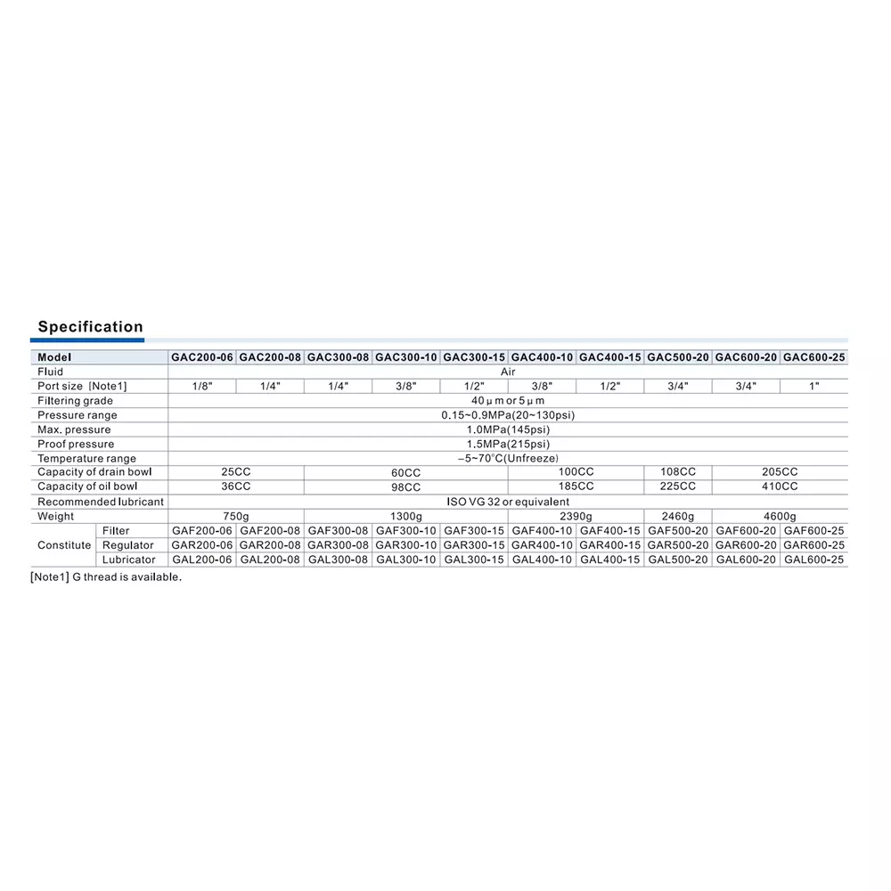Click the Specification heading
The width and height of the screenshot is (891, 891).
point(90,327)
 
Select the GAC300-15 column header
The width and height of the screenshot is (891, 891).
point(474,357)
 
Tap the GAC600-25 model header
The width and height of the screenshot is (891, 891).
point(813,357)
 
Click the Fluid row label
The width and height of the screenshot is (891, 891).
point(51,372)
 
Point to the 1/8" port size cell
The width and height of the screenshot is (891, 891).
point(202,386)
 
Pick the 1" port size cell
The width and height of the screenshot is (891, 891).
point(813,386)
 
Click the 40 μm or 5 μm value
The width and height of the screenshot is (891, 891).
point(507,401)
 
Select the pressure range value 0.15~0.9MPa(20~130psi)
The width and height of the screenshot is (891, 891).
point(507,415)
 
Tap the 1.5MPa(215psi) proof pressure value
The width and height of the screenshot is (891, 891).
point(507,444)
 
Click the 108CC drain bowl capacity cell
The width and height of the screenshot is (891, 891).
point(677,471)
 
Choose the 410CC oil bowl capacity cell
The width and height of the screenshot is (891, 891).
point(779,486)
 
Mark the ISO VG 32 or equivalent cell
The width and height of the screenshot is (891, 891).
point(507,502)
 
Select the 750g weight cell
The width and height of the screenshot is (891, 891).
point(236,516)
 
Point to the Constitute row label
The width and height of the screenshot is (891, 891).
point(64,545)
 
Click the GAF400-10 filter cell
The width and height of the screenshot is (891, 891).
point(542,530)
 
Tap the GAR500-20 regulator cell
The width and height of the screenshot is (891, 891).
point(677,544)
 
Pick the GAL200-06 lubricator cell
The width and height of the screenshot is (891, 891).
point(202,560)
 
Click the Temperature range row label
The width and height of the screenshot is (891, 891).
point(87,458)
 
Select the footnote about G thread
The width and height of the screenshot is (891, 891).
point(106,576)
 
